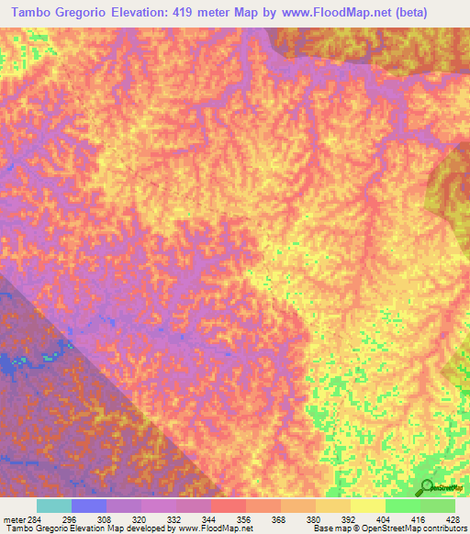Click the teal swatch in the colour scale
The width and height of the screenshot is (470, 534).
point(54,506)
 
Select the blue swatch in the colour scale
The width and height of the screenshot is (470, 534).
point(89,506)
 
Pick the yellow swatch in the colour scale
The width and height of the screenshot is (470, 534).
point(368,506)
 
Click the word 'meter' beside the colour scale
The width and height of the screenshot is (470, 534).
point(12,518)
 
